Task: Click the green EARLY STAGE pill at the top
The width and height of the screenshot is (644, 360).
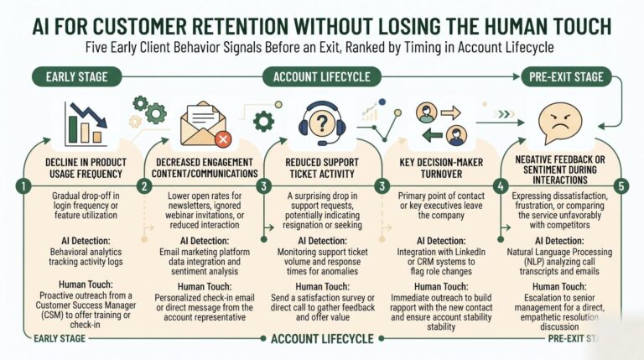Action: [77, 77]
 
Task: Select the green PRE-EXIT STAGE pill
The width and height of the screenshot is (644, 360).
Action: [566, 77]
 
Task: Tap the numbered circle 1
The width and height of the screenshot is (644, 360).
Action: [23, 186]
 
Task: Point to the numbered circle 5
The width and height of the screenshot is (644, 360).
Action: [621, 186]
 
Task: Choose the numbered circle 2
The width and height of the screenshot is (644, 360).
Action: [144, 186]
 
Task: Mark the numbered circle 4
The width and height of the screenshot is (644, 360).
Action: [501, 186]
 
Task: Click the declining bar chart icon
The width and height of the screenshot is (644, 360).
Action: [86, 124]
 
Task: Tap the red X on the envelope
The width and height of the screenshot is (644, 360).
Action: [223, 140]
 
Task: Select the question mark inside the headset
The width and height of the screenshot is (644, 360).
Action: [322, 123]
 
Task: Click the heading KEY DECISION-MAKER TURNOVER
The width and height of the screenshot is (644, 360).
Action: [441, 168]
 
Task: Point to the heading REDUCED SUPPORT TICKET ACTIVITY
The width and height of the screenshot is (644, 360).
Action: [322, 168]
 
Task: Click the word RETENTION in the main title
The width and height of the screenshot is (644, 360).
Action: [241, 26]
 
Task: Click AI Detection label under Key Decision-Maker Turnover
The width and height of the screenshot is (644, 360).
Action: [441, 241]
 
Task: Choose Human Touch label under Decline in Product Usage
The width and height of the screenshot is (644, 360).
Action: [86, 284]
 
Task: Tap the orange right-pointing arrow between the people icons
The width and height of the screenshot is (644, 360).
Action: [450, 112]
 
